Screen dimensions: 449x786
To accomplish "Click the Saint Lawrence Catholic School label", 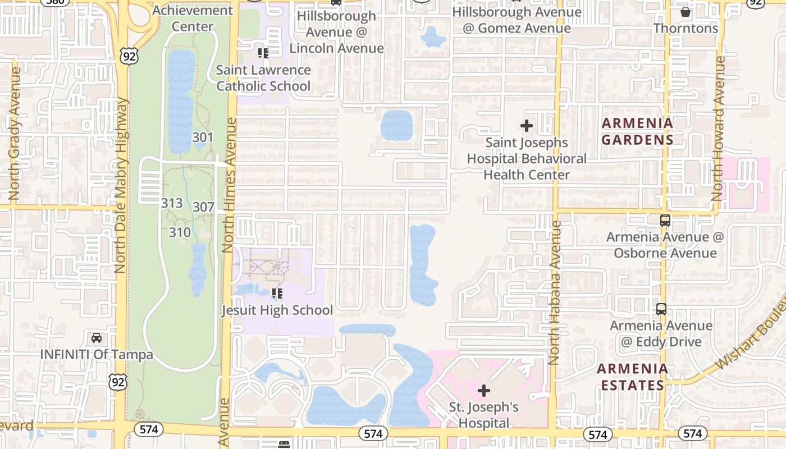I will click(x=263, y=78).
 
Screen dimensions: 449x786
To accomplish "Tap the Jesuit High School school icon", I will click(x=277, y=294).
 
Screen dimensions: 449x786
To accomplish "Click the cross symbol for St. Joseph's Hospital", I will click(x=484, y=390).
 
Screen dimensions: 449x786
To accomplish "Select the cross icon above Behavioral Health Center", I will click(x=527, y=126).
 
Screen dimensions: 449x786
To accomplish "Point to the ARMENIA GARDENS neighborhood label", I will click(x=637, y=131).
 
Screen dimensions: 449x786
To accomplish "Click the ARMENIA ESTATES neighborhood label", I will click(x=632, y=377).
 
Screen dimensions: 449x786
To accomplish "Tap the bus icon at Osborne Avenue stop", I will click(x=665, y=221).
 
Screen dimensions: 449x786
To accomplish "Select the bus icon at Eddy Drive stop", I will click(x=661, y=309).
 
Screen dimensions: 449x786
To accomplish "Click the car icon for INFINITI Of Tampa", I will click(x=97, y=338).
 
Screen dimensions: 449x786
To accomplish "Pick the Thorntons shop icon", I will click(x=686, y=11).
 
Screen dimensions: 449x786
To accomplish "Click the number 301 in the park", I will click(x=203, y=138).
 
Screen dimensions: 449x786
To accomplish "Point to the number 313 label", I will click(x=172, y=203).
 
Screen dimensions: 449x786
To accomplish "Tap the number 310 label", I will click(x=180, y=232).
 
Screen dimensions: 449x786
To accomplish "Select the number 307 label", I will click(x=203, y=207).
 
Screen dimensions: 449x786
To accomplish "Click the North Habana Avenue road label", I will click(x=555, y=292).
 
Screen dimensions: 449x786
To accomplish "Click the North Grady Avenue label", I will click(x=15, y=135).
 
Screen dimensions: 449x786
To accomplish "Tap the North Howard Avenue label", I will click(x=718, y=129).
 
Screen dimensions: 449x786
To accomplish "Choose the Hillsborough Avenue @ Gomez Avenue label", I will click(x=517, y=20).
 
